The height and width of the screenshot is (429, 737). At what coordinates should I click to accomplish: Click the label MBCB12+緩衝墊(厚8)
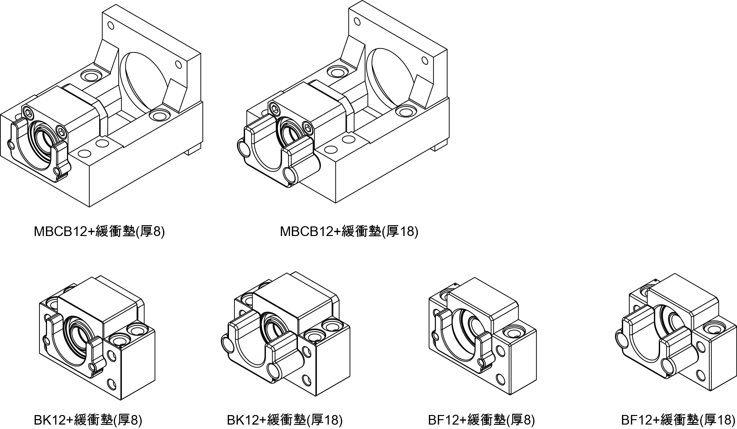(x=99, y=231)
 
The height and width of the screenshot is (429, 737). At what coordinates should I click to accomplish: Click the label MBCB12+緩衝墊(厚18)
(x=349, y=231)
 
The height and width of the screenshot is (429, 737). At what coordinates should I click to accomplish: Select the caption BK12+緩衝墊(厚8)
(x=88, y=420)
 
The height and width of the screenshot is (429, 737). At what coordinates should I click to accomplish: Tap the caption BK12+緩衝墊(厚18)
(x=284, y=420)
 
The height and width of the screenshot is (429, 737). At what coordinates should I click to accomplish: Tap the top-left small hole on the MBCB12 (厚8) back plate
(x=111, y=26)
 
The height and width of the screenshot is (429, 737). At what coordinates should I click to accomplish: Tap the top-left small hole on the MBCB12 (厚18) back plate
(x=357, y=21)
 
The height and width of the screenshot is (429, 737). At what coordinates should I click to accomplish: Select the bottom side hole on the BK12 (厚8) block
(x=112, y=383)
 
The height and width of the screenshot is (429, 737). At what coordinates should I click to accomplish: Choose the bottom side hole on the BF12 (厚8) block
(x=501, y=379)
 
